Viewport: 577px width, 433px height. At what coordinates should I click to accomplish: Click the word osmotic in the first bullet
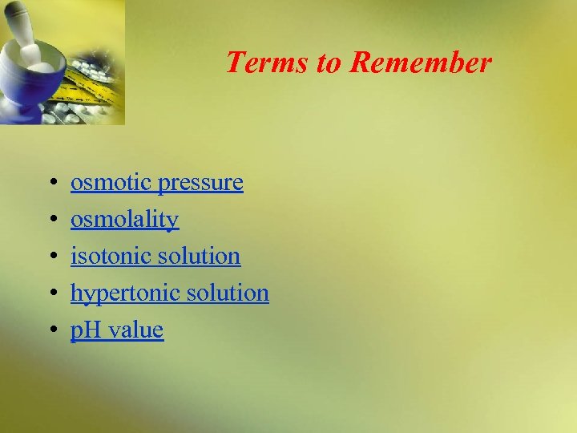pos(111,183)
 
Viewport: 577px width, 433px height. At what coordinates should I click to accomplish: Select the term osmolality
pos(124,220)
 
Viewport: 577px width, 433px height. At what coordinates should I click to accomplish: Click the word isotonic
pos(110,256)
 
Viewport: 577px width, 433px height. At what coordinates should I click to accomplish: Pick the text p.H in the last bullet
pos(88,330)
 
